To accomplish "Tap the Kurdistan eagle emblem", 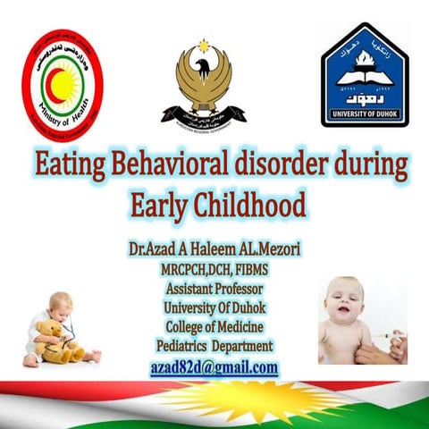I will click(203, 83).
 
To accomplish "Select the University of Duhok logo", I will click(364, 76).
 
